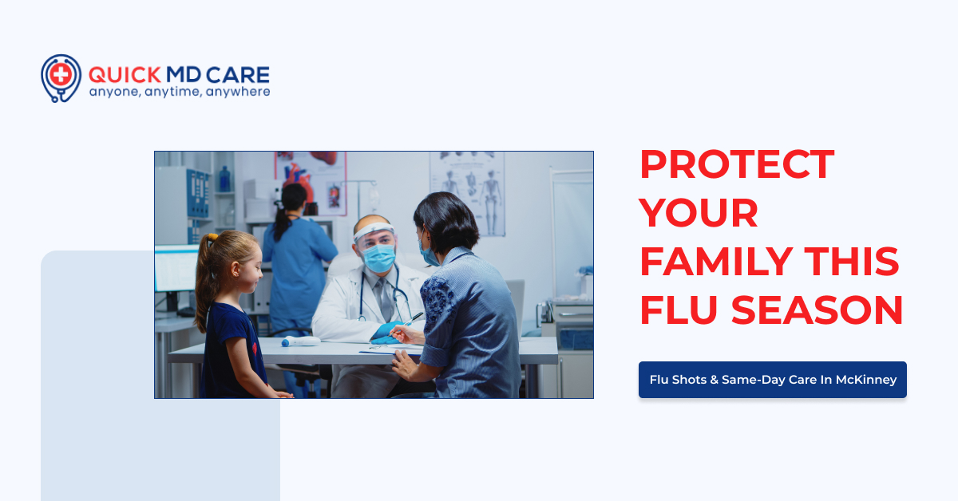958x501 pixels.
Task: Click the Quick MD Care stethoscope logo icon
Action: tap(61, 78)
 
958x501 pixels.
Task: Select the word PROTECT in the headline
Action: tap(736, 164)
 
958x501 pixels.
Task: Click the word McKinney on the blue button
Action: tap(866, 380)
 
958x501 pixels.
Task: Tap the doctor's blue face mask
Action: tap(379, 257)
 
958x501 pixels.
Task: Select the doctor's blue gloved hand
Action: tap(387, 330)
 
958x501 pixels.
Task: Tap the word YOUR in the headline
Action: tap(699, 213)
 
